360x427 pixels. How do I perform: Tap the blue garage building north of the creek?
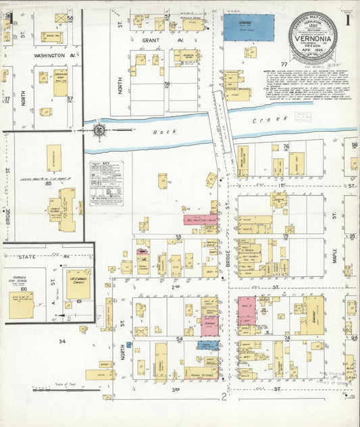point(249,28)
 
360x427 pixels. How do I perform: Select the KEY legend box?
point(106,182)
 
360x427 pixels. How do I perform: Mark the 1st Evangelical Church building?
point(78,284)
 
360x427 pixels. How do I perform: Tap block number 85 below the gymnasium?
point(49,182)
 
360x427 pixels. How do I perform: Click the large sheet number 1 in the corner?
point(347,20)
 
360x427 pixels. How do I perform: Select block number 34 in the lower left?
point(62,342)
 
